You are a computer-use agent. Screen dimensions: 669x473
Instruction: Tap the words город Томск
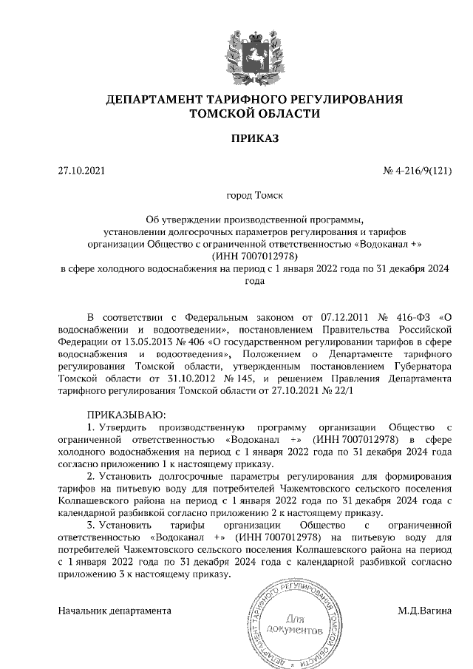pyautogui.click(x=254, y=197)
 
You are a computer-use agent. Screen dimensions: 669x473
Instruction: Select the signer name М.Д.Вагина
pyautogui.click(x=423, y=611)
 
